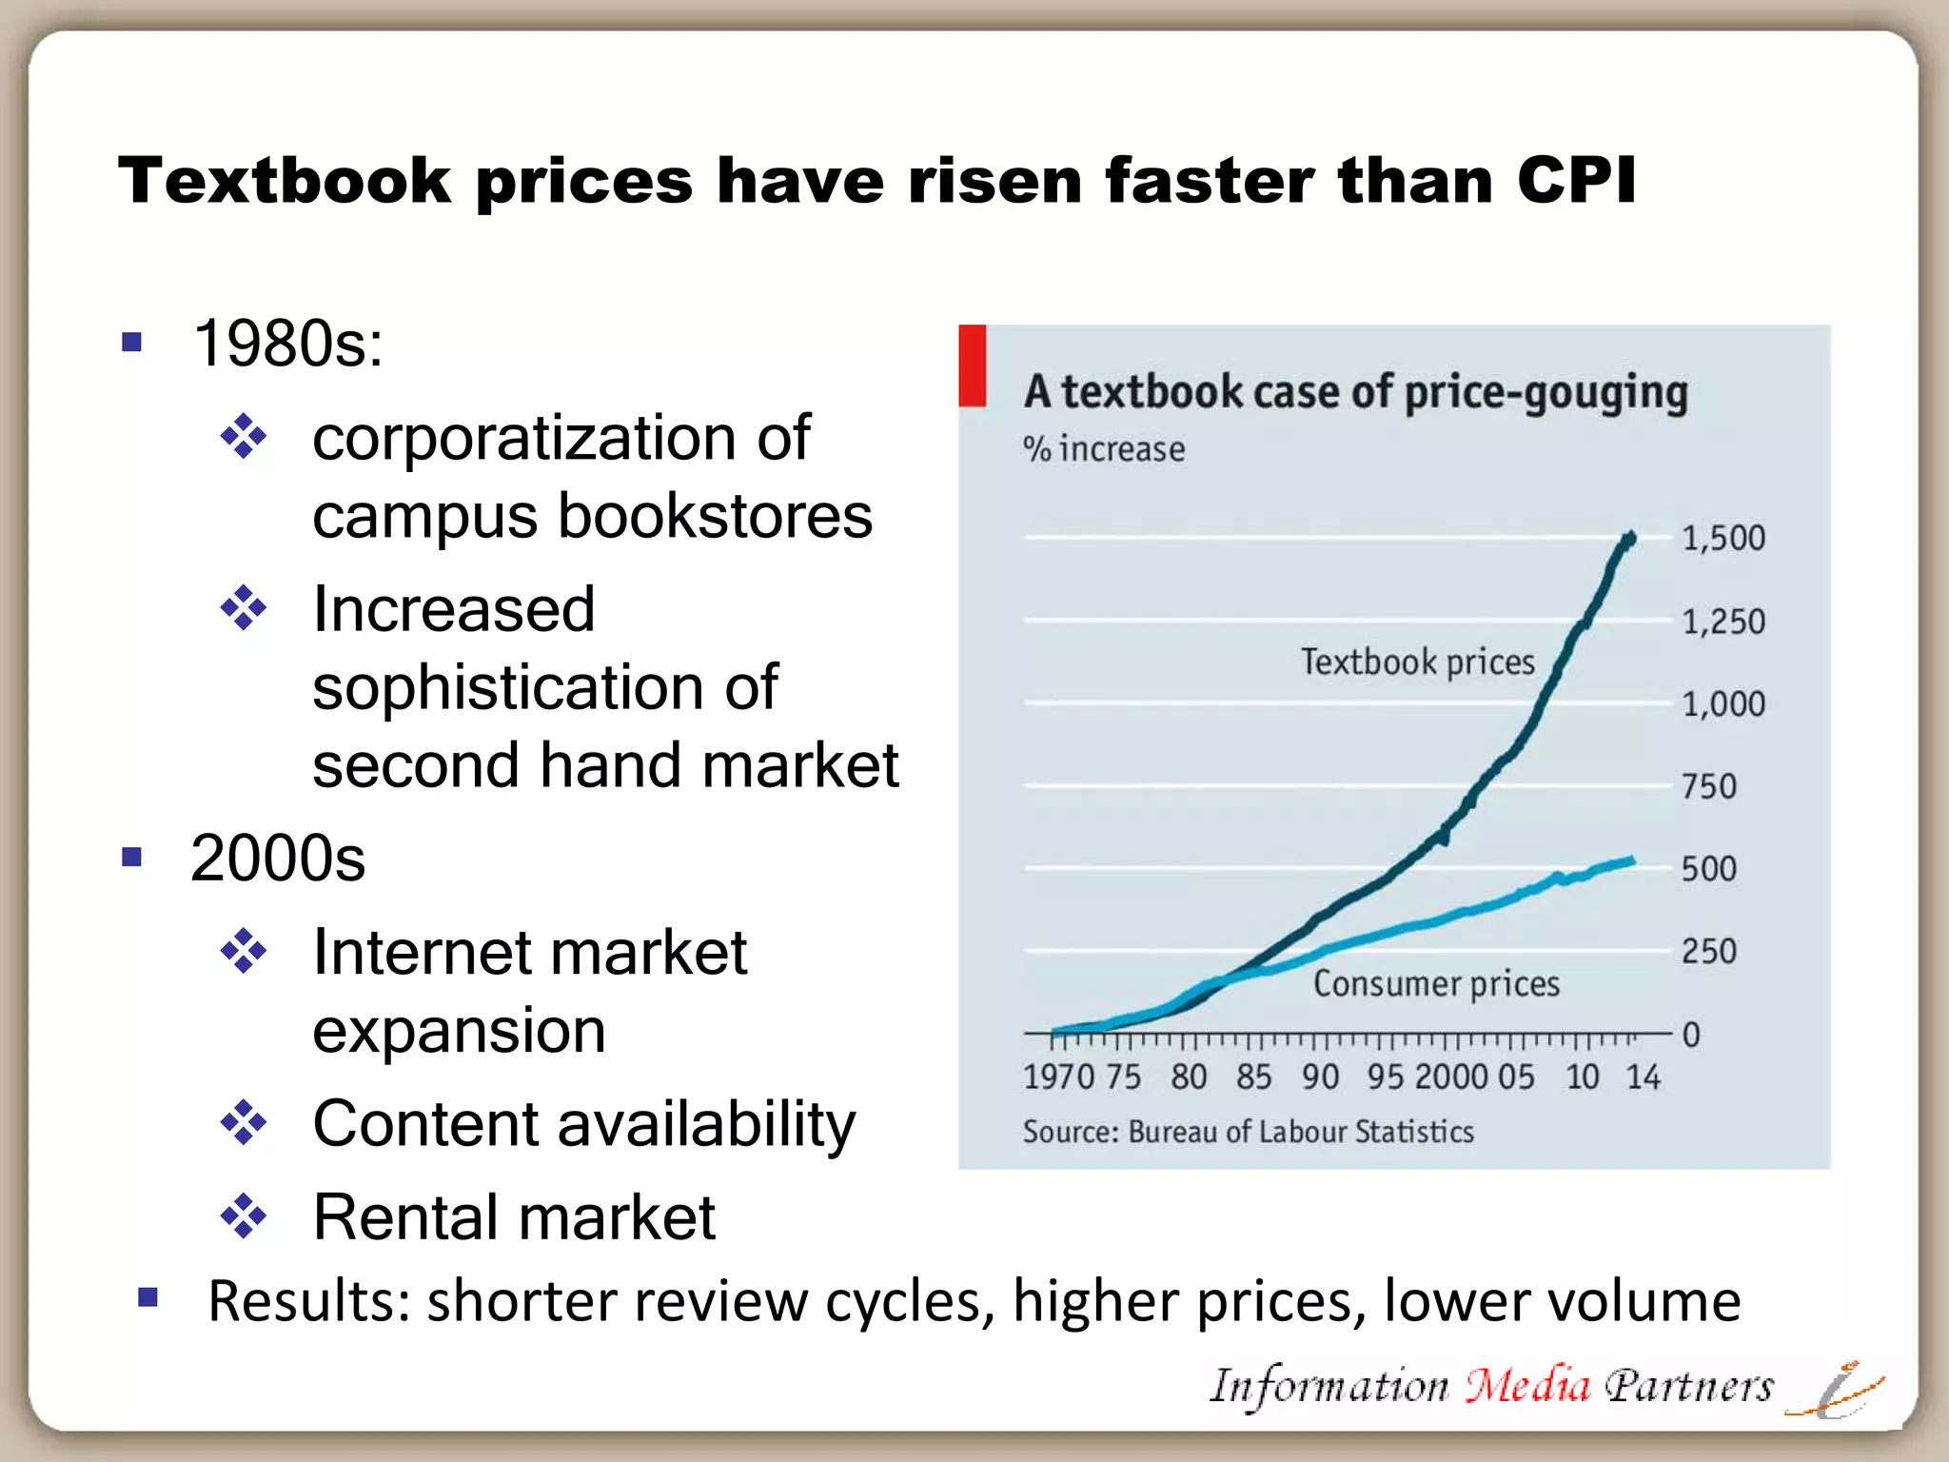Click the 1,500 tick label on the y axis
click(x=1723, y=539)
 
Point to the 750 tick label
click(x=1708, y=787)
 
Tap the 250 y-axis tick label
click(x=1708, y=952)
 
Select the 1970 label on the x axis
click(x=1058, y=1077)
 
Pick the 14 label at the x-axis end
click(x=1643, y=1077)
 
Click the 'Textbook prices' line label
click(x=1417, y=662)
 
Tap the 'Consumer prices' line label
click(x=1436, y=983)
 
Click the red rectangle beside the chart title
click(x=972, y=365)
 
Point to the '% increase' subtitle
click(x=1104, y=449)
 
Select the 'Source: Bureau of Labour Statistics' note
click(x=1248, y=1132)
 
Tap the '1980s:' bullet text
click(x=287, y=344)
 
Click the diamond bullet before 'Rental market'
click(x=244, y=1216)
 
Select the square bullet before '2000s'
click(x=132, y=858)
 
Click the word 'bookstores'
click(x=714, y=517)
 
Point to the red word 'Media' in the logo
click(x=1526, y=1386)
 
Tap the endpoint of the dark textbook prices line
click(x=1630, y=539)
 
